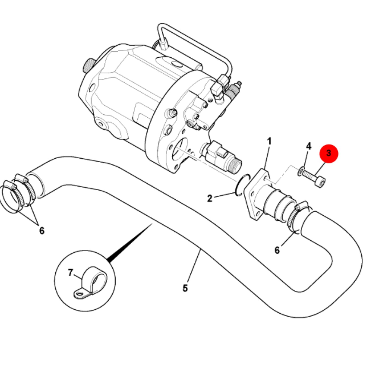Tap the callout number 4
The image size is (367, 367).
click(309, 146)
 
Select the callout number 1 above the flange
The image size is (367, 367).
click(269, 142)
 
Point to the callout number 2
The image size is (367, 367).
click(210, 198)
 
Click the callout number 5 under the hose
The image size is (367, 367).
click(185, 288)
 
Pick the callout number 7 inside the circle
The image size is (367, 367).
click(70, 273)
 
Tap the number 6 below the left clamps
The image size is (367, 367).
click(42, 231)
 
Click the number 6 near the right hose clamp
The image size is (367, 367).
click(277, 250)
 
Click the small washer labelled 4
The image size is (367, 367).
click(300, 171)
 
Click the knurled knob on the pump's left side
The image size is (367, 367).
click(87, 66)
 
